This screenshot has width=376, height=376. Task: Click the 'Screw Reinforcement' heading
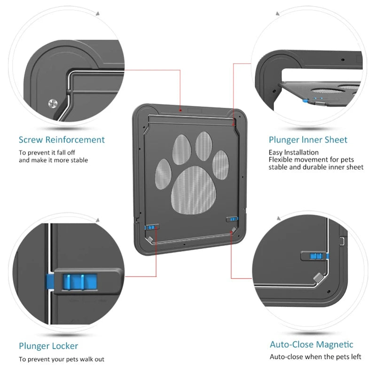point(62,140)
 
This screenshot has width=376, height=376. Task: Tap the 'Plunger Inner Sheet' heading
point(308,140)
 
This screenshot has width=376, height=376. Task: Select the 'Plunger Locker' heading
point(48,346)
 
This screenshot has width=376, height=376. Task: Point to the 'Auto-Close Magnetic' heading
point(311,345)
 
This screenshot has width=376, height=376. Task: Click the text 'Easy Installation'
point(293,152)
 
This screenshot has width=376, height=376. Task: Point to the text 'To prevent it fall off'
point(47,153)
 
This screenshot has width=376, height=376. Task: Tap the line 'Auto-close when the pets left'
point(316,357)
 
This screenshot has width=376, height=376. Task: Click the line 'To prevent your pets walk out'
point(62,360)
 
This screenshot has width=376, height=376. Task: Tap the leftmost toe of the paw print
point(163,172)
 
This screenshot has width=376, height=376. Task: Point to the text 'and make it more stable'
point(53,160)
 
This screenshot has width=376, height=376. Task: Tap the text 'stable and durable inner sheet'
point(316,167)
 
